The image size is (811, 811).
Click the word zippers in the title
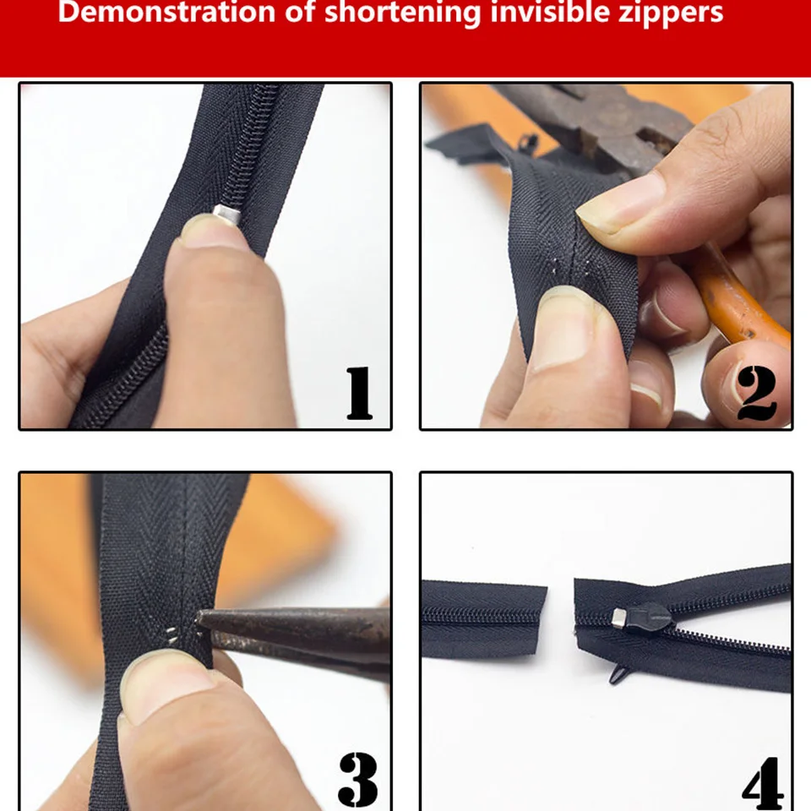click(671, 14)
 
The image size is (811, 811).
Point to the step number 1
click(359, 393)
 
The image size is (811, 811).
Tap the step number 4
click(763, 781)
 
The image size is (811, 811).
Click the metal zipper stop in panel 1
click(227, 216)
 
